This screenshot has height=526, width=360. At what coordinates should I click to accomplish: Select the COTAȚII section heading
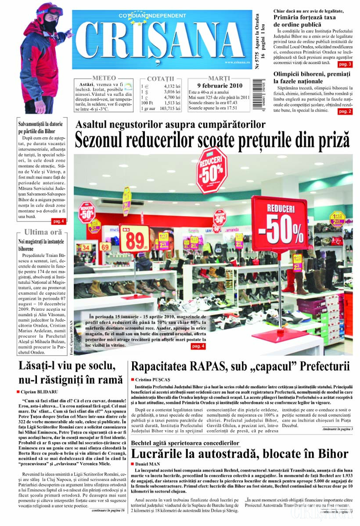coord(161,79)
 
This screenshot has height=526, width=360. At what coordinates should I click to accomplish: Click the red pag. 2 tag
coord(345,112)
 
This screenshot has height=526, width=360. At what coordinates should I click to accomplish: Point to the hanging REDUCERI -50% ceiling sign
coord(212,170)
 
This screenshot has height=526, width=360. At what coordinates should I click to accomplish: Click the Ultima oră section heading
coord(43,232)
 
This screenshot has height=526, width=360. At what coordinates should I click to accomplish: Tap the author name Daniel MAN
coord(150,464)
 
